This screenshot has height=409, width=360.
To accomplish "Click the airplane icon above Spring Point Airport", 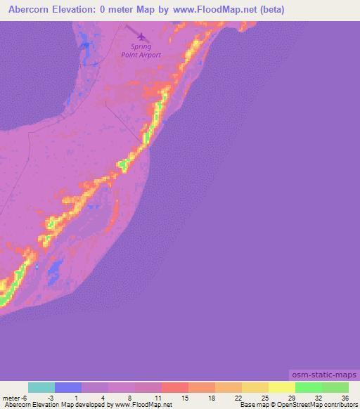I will [x=143, y=36].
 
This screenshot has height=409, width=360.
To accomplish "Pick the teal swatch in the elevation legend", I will [x=41, y=387].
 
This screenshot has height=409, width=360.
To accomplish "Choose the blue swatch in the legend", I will [x=68, y=387].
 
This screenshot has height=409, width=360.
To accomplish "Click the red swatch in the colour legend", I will [x=174, y=387].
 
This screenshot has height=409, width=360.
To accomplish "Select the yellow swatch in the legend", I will [x=282, y=387].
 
